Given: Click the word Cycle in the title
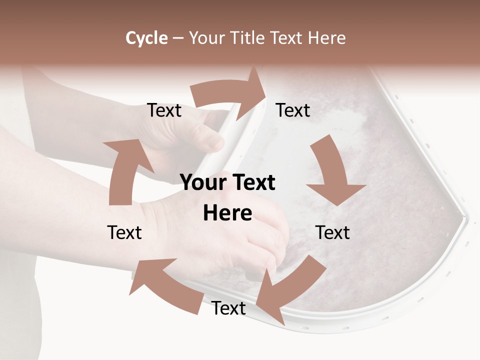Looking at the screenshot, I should click(x=146, y=38).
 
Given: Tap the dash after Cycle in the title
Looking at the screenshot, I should click(x=178, y=38).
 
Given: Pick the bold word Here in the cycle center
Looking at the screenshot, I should click(x=227, y=213).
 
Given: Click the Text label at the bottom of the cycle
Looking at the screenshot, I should click(x=228, y=308).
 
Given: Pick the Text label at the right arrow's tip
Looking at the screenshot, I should click(x=293, y=110).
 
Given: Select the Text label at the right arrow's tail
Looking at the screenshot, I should click(x=164, y=110).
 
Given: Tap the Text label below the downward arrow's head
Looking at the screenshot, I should click(x=333, y=232).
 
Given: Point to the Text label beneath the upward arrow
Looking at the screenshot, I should click(x=124, y=232).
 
